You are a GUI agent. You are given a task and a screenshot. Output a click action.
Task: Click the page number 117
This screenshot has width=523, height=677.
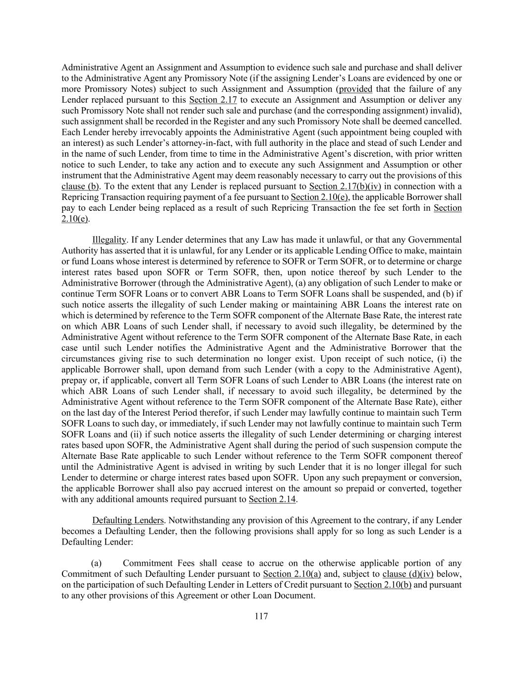(x=261, y=616)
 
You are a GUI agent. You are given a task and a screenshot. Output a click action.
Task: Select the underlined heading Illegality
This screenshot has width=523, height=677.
(x=109, y=240)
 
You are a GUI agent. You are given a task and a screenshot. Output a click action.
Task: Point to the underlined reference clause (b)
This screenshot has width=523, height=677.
(x=80, y=186)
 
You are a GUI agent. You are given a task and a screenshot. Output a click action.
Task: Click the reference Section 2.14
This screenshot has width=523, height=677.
(x=273, y=499)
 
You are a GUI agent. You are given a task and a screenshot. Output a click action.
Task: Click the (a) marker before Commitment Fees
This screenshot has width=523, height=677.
(x=96, y=563)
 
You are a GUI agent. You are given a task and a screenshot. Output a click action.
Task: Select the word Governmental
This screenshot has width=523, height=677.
(x=431, y=240)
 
